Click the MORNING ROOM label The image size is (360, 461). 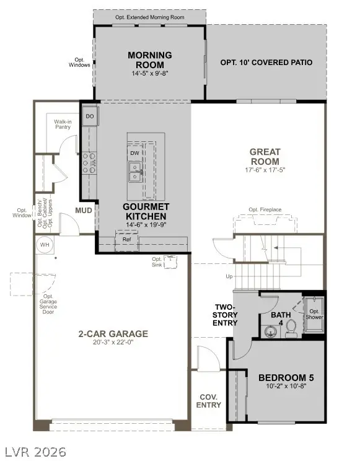(149, 60)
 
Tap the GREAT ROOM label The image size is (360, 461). (265, 156)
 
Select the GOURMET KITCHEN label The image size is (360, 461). (146, 211)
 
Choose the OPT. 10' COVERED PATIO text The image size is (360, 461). (266, 63)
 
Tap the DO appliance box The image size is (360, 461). (90, 116)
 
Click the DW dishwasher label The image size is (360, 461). (134, 152)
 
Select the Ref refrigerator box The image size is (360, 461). (126, 239)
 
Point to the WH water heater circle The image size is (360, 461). (45, 245)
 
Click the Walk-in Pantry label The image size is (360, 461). (63, 125)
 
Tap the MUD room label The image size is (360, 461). (85, 211)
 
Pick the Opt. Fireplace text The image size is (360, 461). (265, 210)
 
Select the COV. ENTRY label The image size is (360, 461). (209, 401)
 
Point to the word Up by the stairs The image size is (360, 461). (229, 276)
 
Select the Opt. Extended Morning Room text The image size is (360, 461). (150, 17)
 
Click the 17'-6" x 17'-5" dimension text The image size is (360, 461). (265, 169)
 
